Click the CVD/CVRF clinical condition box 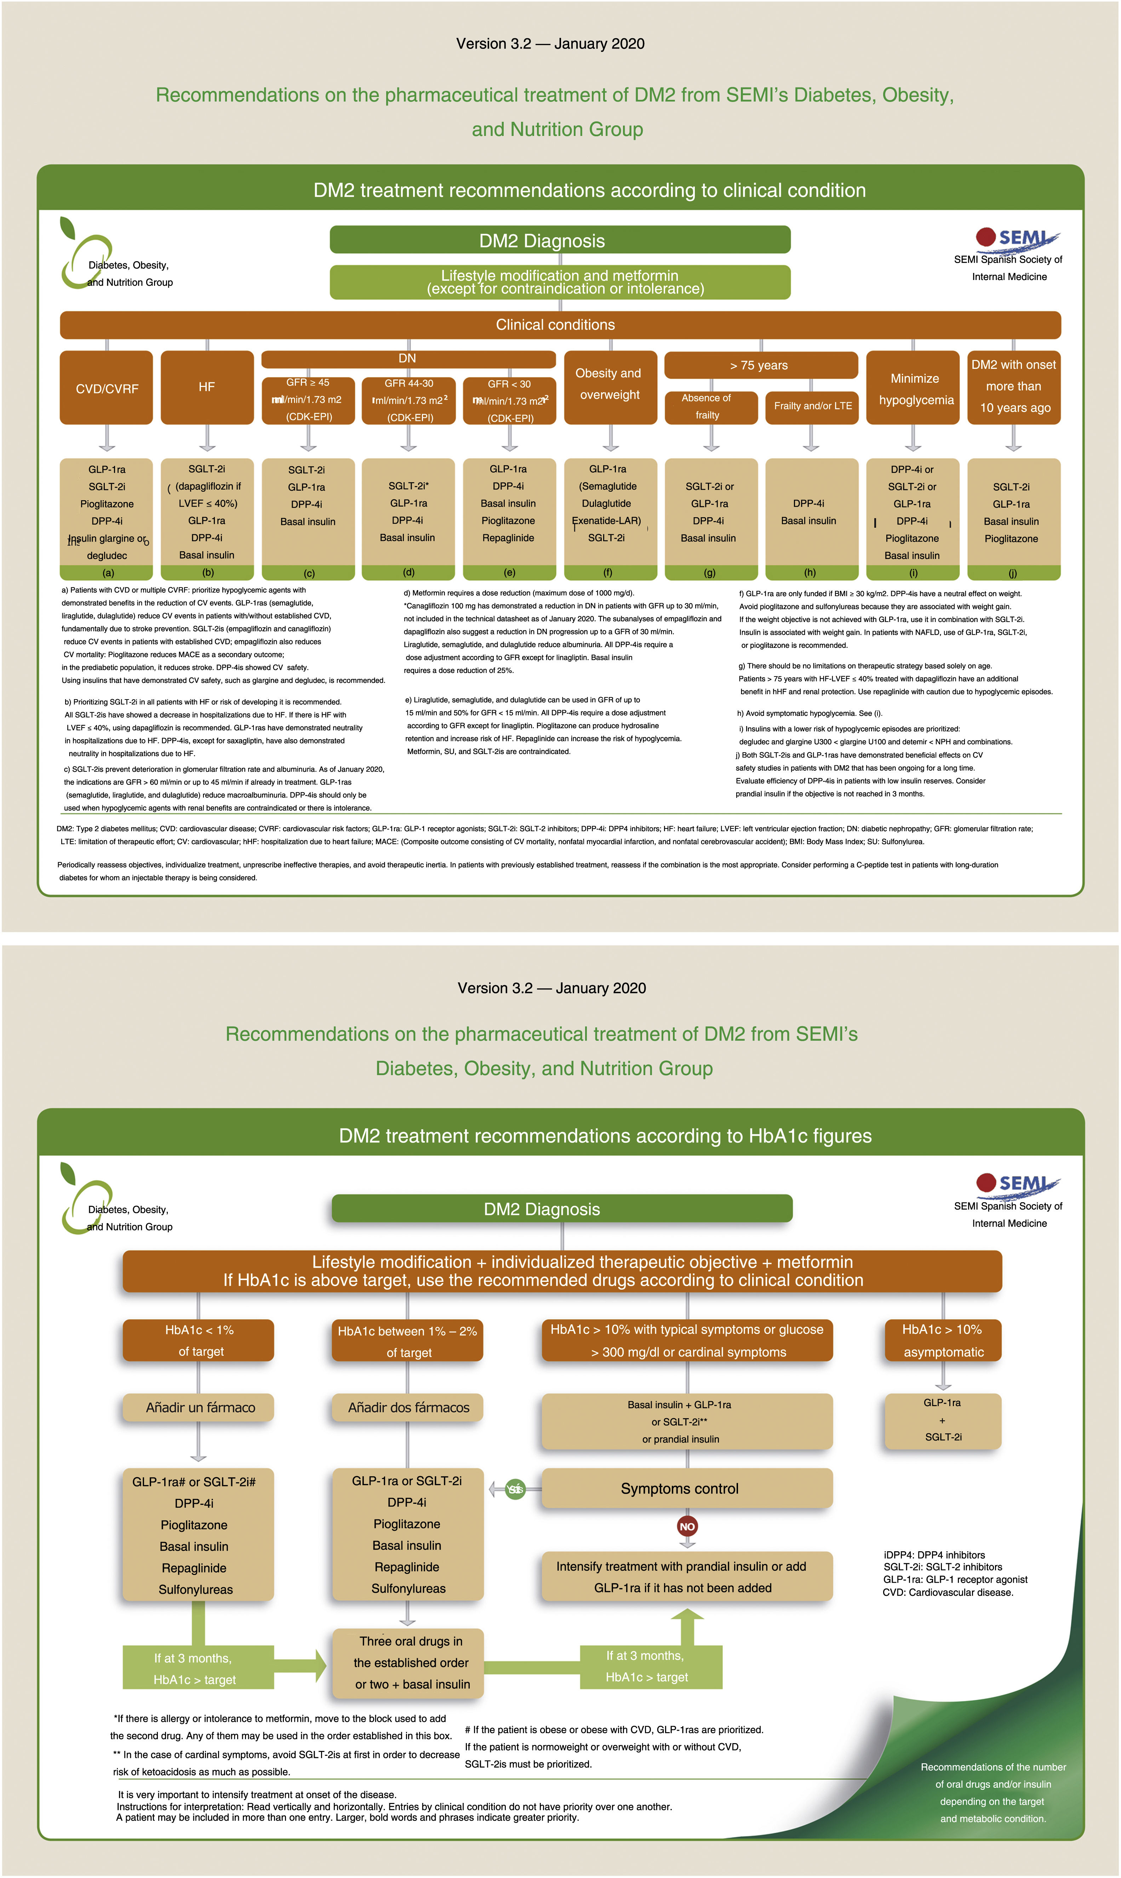(x=107, y=388)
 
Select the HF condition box (x=207, y=387)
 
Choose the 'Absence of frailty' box (x=710, y=406)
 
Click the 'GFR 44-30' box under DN (x=409, y=400)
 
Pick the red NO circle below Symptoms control (x=687, y=1526)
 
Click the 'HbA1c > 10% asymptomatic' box (x=943, y=1340)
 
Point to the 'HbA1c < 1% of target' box (x=199, y=1340)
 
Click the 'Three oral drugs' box (x=408, y=1662)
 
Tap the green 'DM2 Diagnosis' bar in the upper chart (x=560, y=240)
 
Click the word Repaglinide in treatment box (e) (x=508, y=538)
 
